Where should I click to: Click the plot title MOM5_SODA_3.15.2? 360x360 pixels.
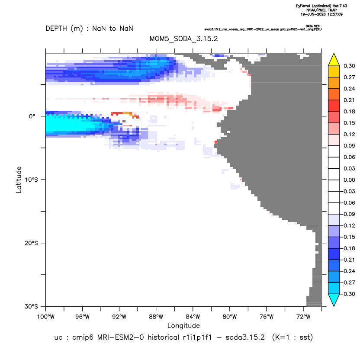click(183, 39)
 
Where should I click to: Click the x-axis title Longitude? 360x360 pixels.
click(183, 325)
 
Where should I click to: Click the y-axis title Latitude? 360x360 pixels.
click(19, 180)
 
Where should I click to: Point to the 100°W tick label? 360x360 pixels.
click(46, 317)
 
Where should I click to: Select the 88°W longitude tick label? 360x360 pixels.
click(156, 317)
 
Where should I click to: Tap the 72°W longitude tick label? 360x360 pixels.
click(303, 317)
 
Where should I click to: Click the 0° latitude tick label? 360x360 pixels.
click(32, 116)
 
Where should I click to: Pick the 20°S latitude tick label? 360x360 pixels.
click(31, 243)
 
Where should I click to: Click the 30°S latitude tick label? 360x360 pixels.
click(31, 306)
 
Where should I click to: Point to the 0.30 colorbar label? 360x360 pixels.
click(349, 66)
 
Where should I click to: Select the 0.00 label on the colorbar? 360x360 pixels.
click(349, 180)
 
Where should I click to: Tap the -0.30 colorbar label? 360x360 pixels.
click(348, 294)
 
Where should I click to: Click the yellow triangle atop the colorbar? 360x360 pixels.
click(334, 61)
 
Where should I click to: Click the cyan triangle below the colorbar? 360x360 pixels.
click(334, 299)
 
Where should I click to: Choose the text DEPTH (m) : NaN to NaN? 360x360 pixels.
click(89, 29)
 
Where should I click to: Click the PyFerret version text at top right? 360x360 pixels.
click(321, 6)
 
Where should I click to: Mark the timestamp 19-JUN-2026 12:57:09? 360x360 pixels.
click(321, 14)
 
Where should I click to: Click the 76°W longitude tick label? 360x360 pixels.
click(267, 317)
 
